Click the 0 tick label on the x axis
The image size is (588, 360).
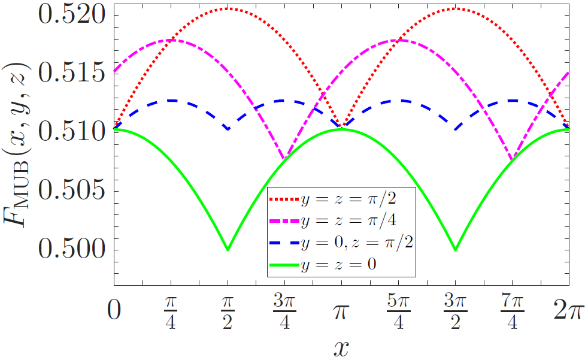click(114, 311)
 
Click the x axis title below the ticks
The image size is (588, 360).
click(341, 347)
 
